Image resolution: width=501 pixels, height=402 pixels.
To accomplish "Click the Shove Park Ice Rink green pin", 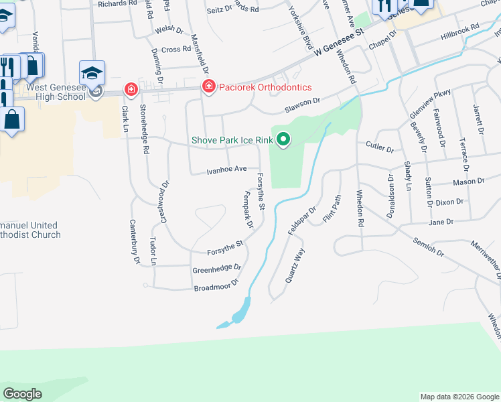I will tap(284, 140).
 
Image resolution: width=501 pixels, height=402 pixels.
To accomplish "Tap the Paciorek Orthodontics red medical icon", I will tap(209, 87).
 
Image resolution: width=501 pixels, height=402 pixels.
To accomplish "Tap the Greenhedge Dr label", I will tap(216, 269).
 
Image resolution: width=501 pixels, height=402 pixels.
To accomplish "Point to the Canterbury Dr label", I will tap(135, 241).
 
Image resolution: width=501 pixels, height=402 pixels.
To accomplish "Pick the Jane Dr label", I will tap(441, 221).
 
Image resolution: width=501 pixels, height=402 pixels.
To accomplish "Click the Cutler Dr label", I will tap(380, 147).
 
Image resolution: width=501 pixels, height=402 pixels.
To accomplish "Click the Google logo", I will tap(22, 394).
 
